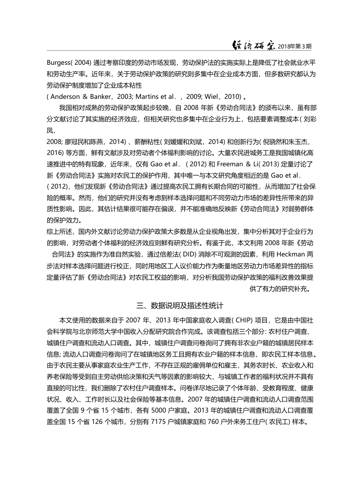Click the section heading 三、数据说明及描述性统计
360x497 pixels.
[x=180, y=305]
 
